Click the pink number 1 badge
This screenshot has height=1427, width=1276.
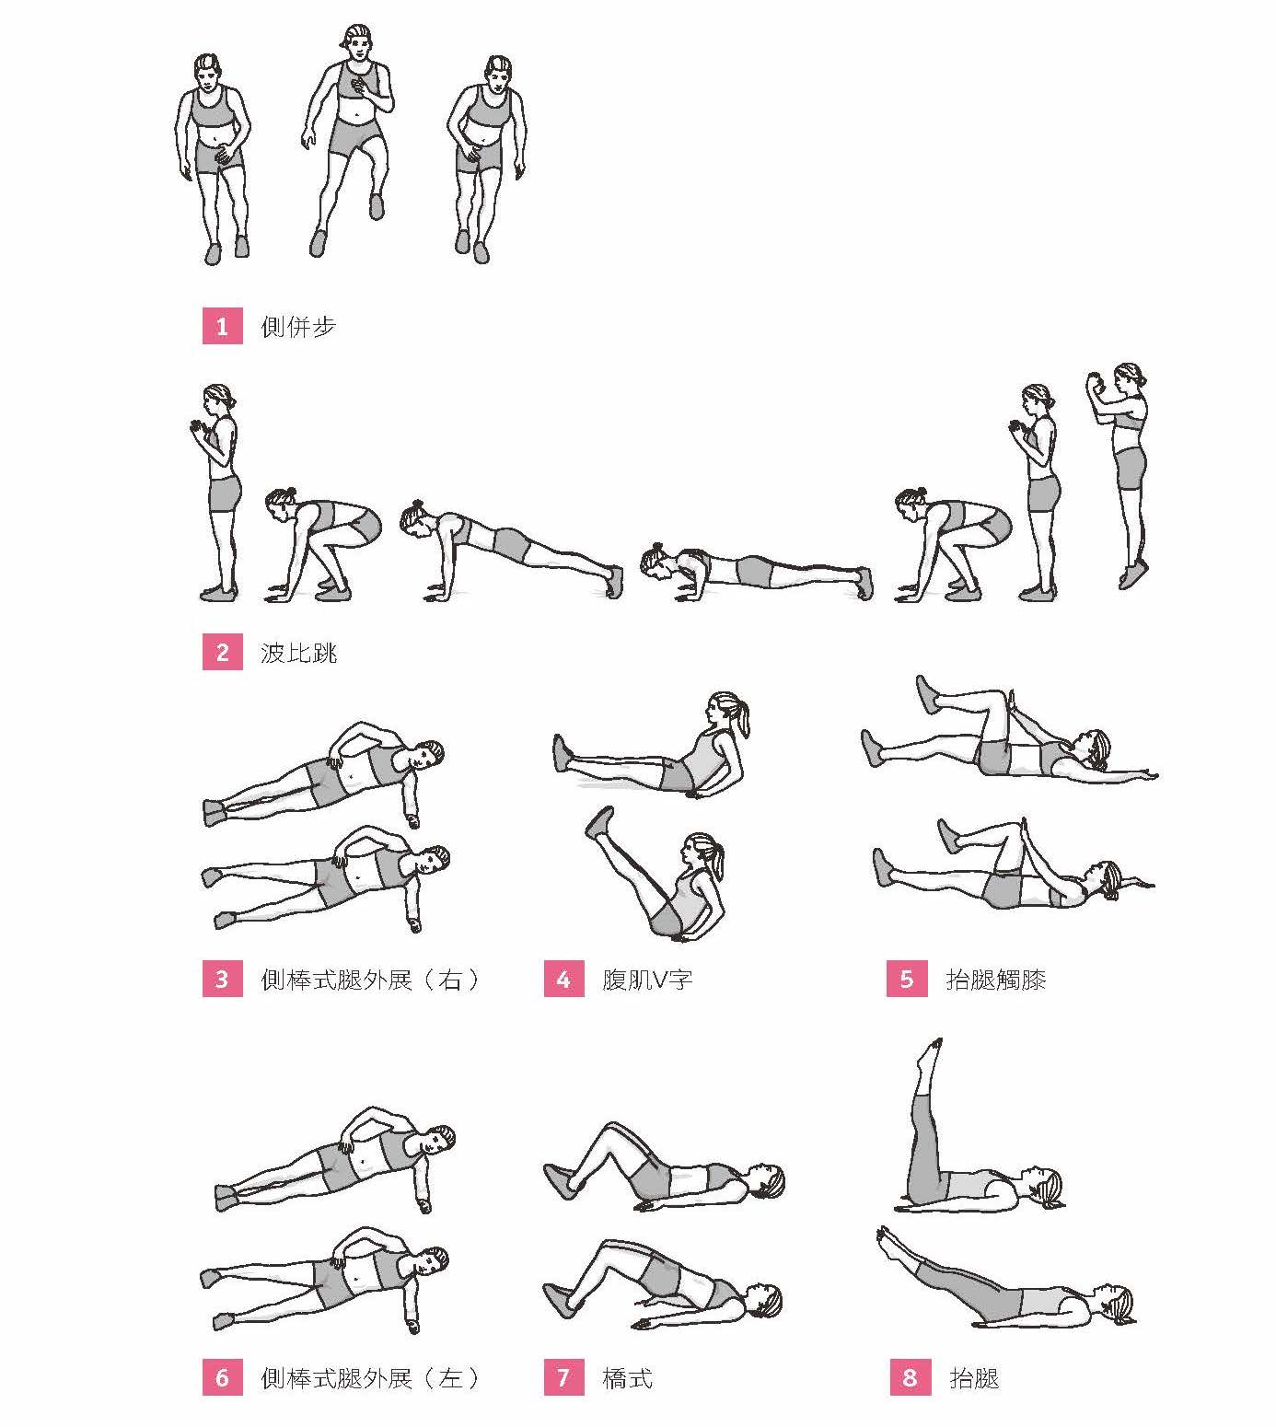click(x=222, y=326)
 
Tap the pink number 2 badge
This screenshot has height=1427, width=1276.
click(x=222, y=652)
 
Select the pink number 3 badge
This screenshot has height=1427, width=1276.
click(x=222, y=979)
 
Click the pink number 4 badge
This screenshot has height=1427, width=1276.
click(x=563, y=979)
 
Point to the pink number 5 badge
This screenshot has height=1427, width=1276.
click(x=907, y=979)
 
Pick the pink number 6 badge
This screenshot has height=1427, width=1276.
click(x=222, y=1377)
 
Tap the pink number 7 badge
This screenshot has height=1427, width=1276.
click(x=563, y=1377)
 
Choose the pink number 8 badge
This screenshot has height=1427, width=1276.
click(x=910, y=1377)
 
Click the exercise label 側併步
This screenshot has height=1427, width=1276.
click(x=298, y=327)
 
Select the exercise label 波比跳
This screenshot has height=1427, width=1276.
click(x=298, y=653)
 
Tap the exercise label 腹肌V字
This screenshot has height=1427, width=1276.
click(x=647, y=980)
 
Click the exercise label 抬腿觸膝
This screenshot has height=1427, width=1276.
click(x=996, y=980)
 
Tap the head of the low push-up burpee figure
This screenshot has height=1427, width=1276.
click(x=655, y=561)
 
